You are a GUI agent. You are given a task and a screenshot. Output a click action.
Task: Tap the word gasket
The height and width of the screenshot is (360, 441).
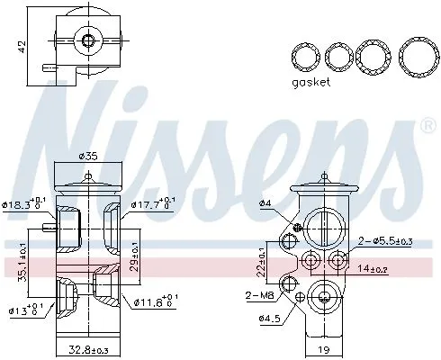pos(310,82)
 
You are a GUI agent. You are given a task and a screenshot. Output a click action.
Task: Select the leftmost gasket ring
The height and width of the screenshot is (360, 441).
pos(305,57)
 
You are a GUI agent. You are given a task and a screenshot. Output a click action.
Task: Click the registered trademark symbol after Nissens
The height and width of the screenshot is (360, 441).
pos(427,128)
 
